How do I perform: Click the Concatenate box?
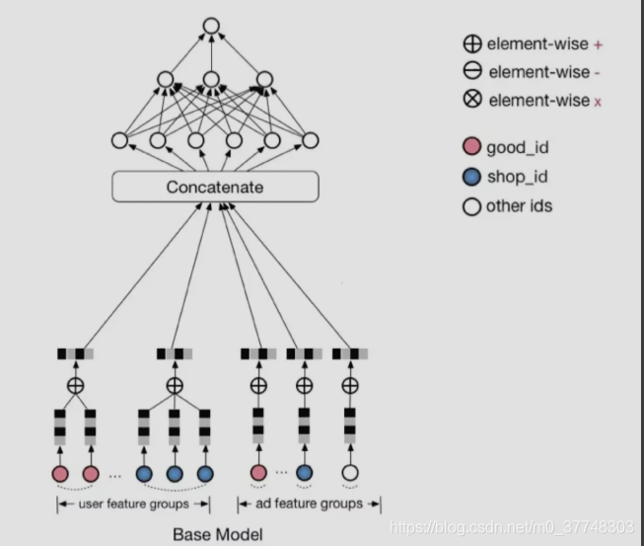coord(216,186)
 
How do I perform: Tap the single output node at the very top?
coord(211,27)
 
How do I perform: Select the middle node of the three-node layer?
coord(211,79)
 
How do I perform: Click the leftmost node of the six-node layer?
coord(120,140)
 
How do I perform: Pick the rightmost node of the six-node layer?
coord(310,140)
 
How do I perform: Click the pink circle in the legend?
coord(471,148)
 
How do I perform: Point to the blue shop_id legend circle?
coord(471,178)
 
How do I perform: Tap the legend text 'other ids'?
coord(519,206)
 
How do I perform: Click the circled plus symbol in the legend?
coord(471,43)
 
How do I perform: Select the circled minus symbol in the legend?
coord(471,72)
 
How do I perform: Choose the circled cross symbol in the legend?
coord(471,101)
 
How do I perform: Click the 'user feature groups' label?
coord(133,504)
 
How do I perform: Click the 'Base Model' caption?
coord(217,535)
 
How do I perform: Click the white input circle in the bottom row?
coord(349,474)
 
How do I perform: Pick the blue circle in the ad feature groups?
coord(304,474)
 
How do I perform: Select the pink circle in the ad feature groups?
coord(258,474)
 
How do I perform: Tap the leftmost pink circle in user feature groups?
coord(59,474)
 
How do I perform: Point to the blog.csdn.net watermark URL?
coord(513,527)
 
